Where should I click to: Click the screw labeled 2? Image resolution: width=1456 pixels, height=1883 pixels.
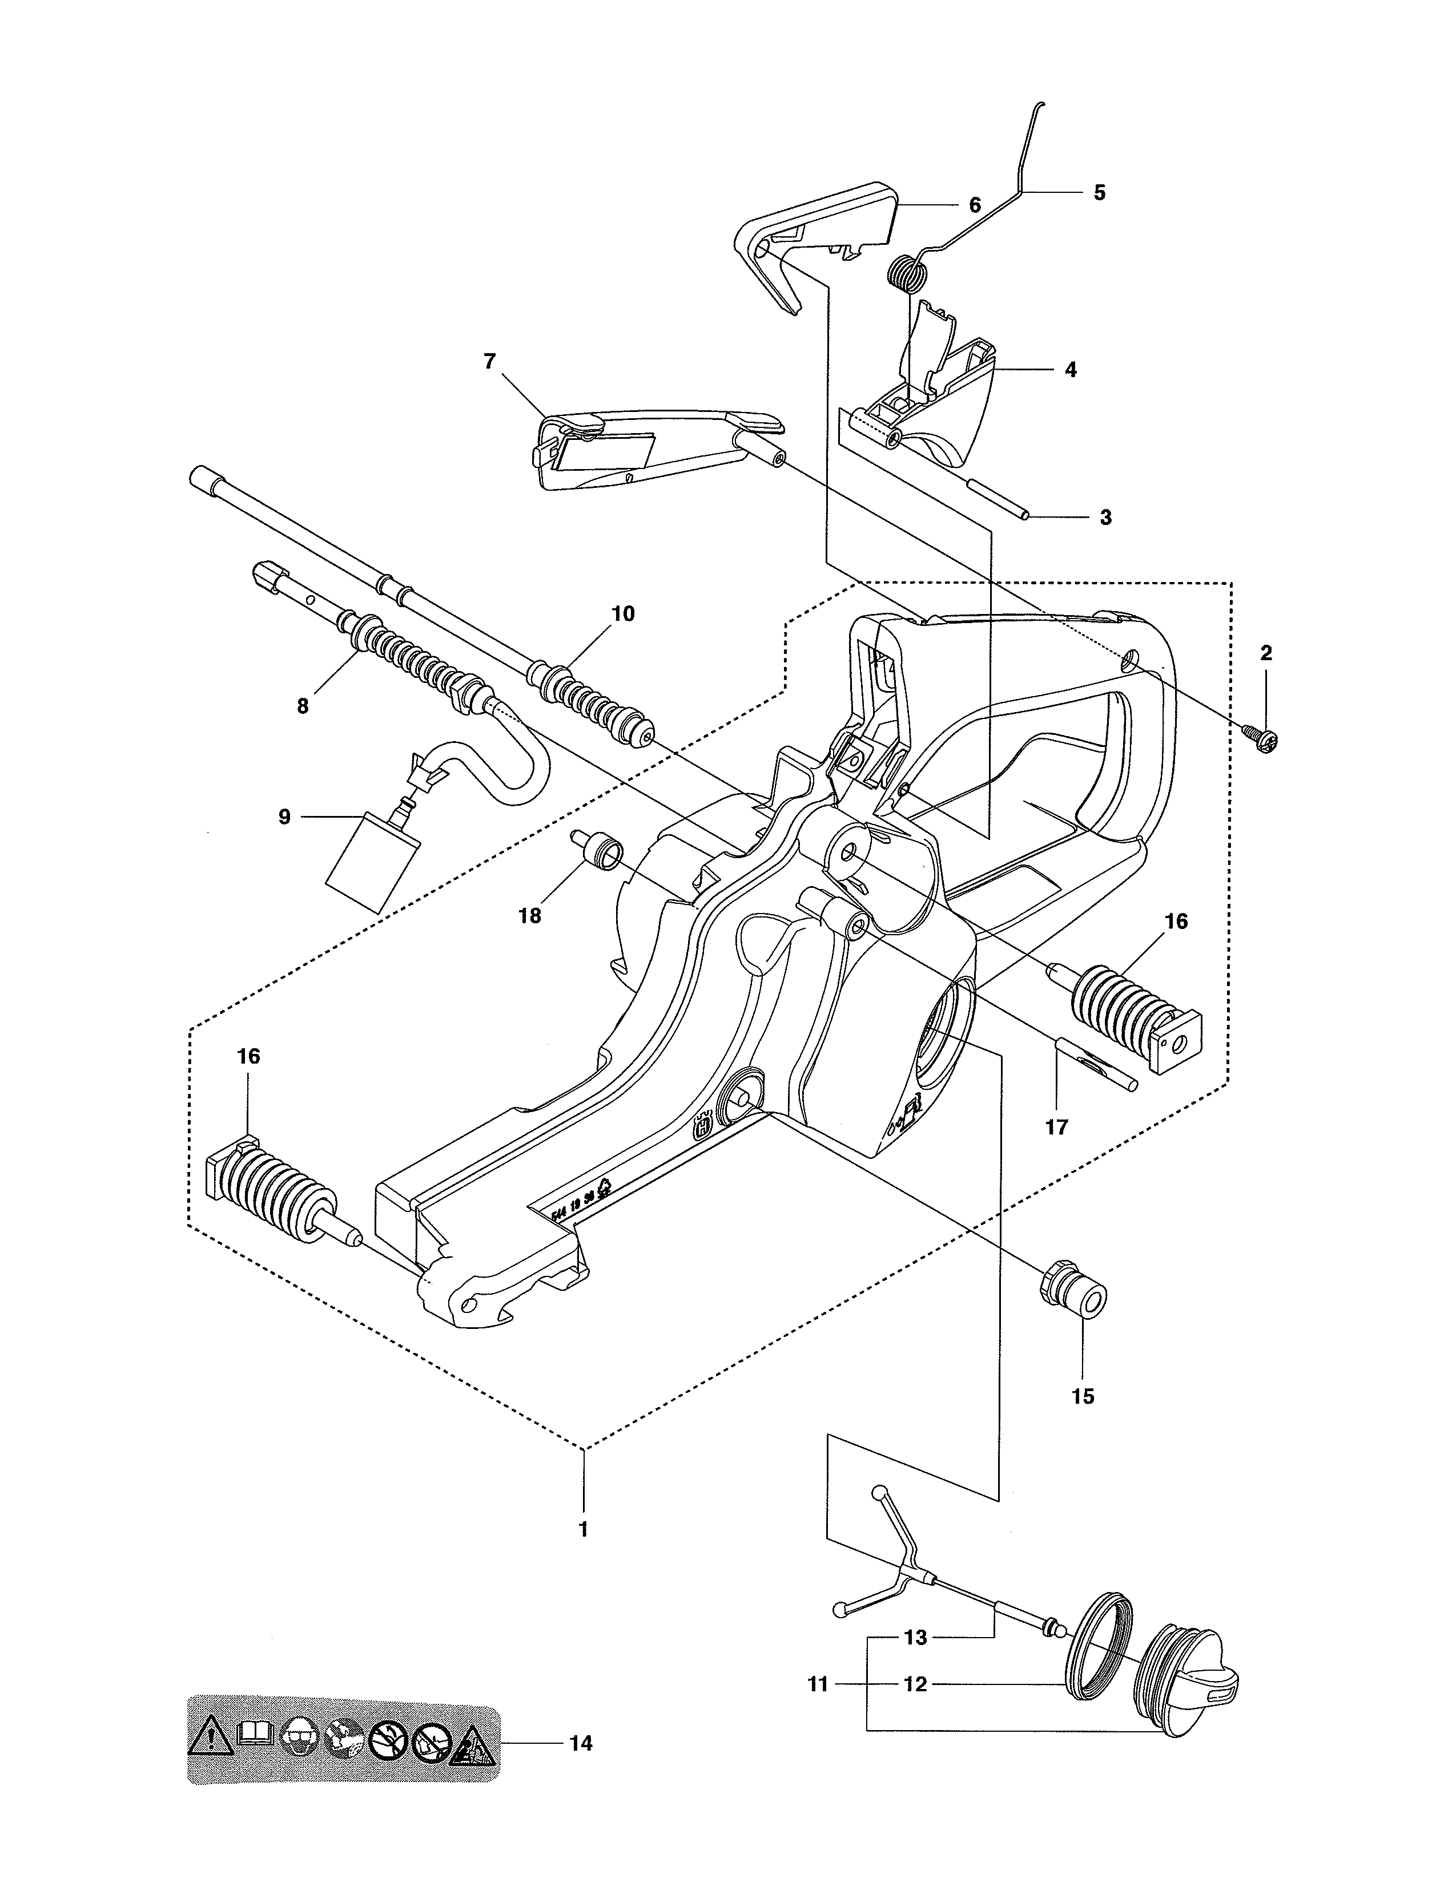(x=1260, y=736)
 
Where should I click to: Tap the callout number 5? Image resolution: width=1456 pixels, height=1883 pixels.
(x=1099, y=193)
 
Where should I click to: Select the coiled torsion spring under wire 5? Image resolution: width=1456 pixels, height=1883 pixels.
(x=908, y=274)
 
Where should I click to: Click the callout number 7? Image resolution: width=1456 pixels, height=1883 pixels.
(x=490, y=361)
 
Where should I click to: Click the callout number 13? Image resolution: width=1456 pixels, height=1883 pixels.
(x=915, y=1637)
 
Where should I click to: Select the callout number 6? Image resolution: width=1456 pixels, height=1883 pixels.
(x=975, y=205)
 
